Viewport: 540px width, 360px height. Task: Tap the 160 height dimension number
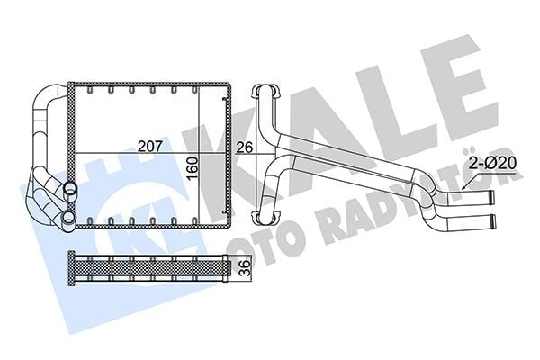pyautogui.click(x=191, y=164)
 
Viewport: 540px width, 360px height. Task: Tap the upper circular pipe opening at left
pyautogui.click(x=69, y=190)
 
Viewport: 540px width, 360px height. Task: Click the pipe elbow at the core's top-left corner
pyautogui.click(x=49, y=99)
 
